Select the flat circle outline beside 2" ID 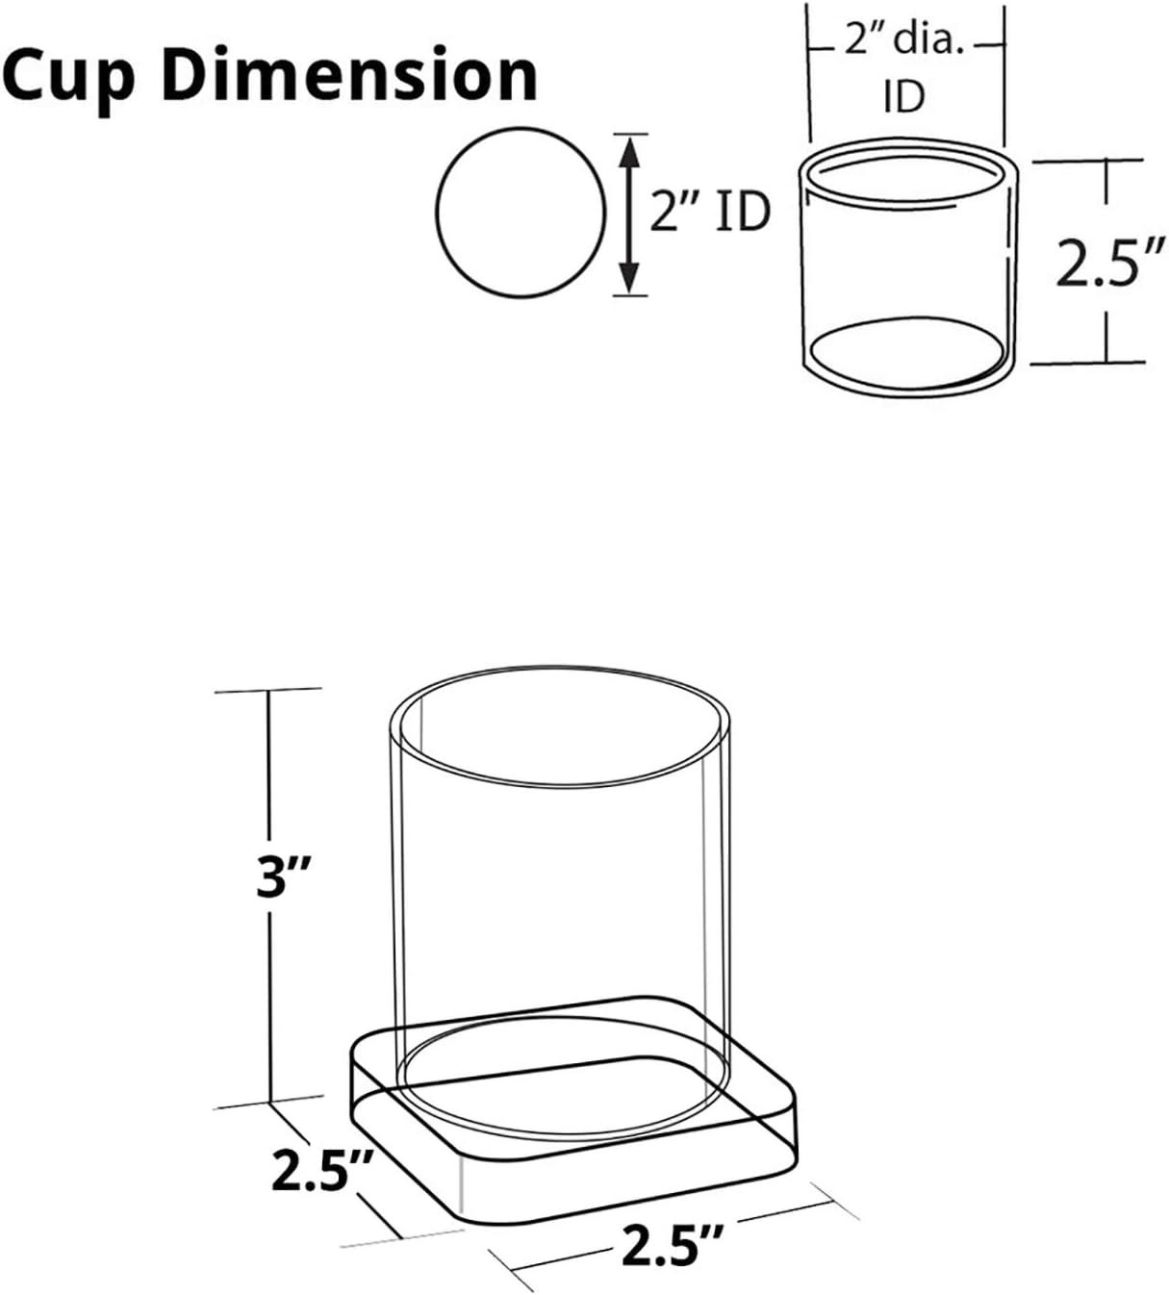click(x=521, y=212)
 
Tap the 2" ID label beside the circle click(x=709, y=212)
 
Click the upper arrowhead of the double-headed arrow click(x=630, y=149)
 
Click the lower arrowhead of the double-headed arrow click(x=630, y=279)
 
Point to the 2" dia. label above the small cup click(x=903, y=43)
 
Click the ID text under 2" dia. click(x=903, y=96)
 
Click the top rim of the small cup click(x=907, y=152)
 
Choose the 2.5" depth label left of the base click(x=321, y=1170)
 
